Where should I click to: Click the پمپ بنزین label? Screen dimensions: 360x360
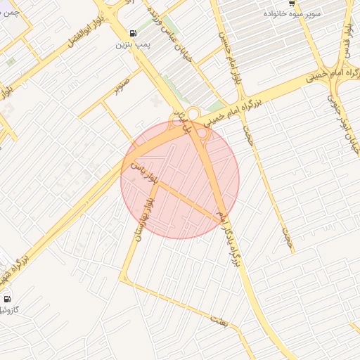[x=132, y=44]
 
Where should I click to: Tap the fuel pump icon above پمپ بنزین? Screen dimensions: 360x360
[x=133, y=33]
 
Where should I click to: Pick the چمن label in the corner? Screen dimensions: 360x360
[x=10, y=11]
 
